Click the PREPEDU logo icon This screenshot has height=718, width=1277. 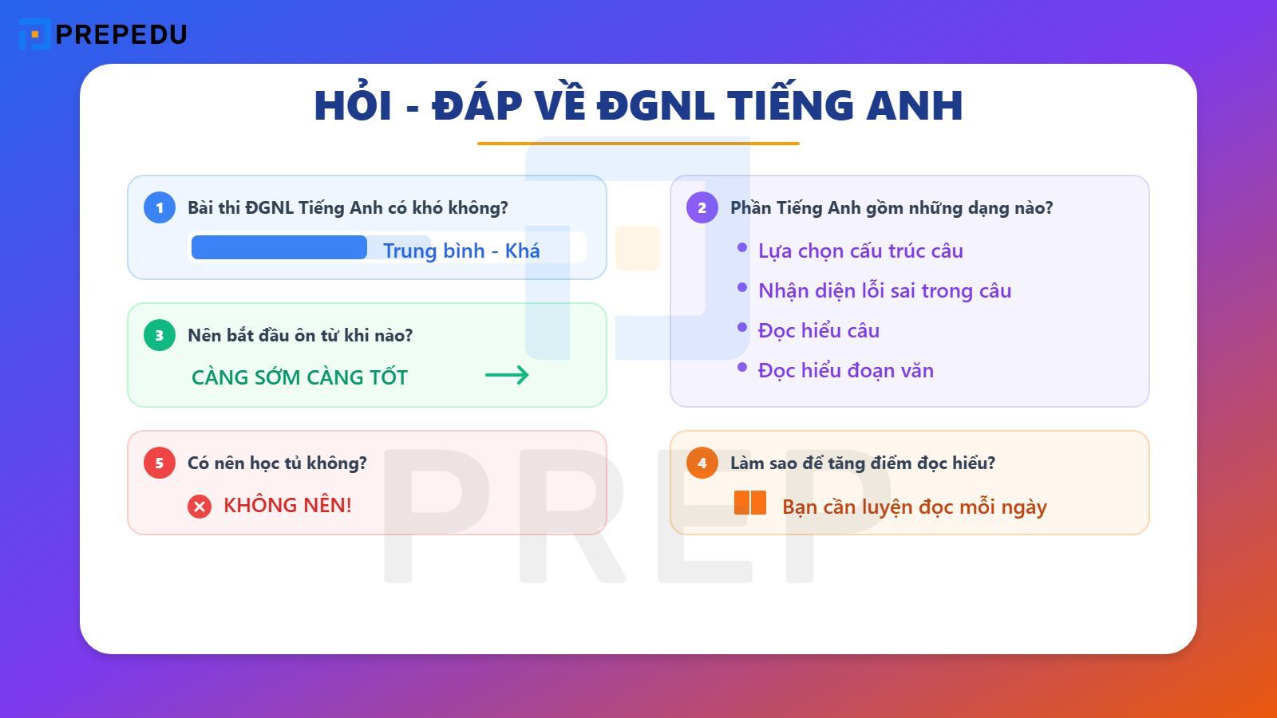(x=34, y=34)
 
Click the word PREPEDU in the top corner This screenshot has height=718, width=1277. (x=121, y=34)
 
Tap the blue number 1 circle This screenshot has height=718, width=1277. (x=160, y=207)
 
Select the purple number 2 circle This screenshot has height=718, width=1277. (x=702, y=207)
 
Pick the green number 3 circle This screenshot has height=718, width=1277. (x=160, y=335)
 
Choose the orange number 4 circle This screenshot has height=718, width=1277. (x=702, y=463)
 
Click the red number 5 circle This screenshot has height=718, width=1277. (x=160, y=463)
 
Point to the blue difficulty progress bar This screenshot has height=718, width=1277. (x=279, y=247)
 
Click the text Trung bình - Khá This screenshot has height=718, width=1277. (x=461, y=251)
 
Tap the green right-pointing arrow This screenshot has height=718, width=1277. (x=507, y=375)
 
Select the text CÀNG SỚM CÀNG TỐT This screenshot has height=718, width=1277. (x=299, y=377)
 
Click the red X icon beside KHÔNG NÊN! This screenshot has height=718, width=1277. (x=200, y=507)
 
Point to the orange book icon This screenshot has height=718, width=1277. (x=750, y=503)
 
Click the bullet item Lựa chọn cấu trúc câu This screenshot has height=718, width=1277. (x=860, y=251)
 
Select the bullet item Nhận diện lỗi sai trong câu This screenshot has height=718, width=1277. (x=884, y=290)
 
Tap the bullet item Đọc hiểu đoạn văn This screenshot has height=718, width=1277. (x=845, y=370)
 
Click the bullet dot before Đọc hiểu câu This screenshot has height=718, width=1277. (x=742, y=327)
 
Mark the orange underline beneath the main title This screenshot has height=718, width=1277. (x=638, y=144)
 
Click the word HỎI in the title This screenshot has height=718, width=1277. (x=353, y=105)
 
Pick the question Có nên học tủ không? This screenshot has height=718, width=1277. (x=277, y=463)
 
